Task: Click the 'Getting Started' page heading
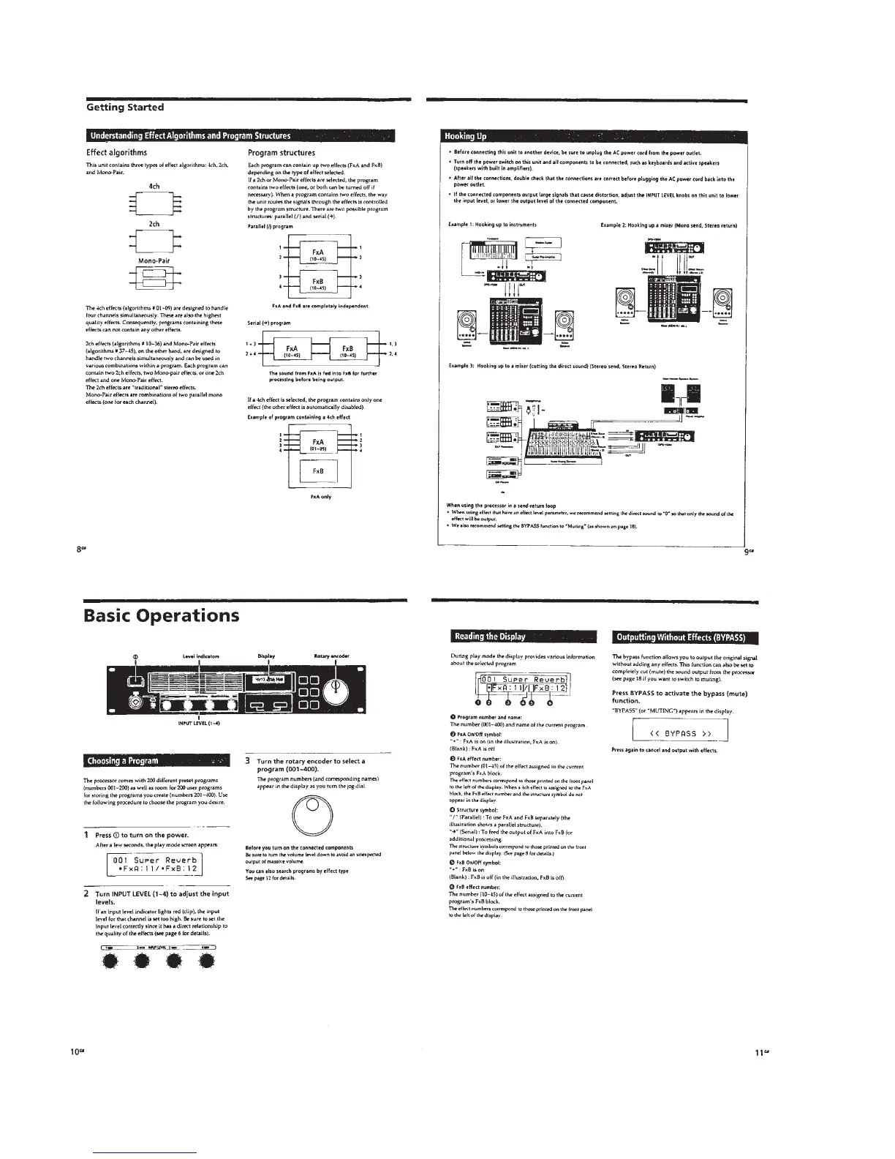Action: tap(124, 108)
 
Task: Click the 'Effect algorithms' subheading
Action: tap(117, 153)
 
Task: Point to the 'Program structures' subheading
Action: tap(282, 153)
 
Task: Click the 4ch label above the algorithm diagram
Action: tap(154, 186)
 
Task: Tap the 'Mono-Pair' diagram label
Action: tap(154, 260)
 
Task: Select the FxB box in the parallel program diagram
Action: tap(318, 284)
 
